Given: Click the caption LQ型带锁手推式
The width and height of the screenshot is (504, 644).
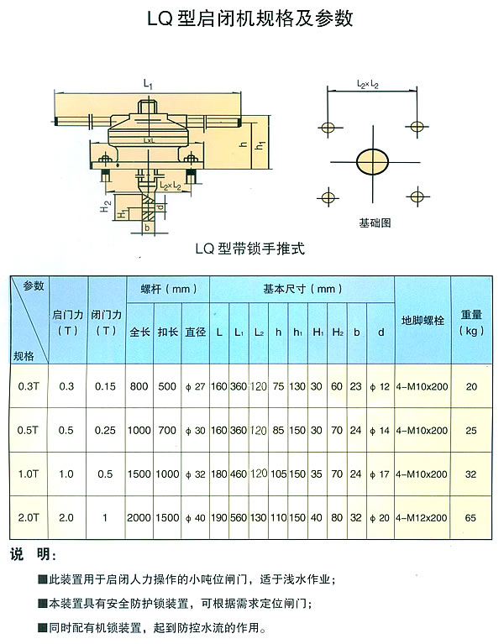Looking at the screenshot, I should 249,249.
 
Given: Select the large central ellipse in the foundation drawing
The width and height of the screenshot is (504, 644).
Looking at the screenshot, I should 370,162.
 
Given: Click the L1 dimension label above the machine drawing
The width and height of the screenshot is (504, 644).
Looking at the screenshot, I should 147,82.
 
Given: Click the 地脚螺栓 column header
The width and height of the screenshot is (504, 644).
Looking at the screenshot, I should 423,321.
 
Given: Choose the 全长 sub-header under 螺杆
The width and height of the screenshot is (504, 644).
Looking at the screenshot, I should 139,332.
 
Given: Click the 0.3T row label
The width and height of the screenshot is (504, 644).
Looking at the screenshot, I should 28,386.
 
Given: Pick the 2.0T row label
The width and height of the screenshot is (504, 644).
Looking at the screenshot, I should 28,518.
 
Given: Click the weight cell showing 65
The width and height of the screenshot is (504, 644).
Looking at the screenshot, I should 471,519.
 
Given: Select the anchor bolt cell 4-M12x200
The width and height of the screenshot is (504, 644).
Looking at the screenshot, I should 423,519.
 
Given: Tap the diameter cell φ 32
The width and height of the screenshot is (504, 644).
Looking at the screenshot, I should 196,474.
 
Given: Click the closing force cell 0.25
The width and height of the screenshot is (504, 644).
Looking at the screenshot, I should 106,430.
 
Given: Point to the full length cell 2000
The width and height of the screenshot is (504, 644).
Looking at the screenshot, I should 139,519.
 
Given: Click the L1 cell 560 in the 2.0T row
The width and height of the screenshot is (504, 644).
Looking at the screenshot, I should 239,519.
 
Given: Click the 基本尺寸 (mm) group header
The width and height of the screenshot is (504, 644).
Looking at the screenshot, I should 302,289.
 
